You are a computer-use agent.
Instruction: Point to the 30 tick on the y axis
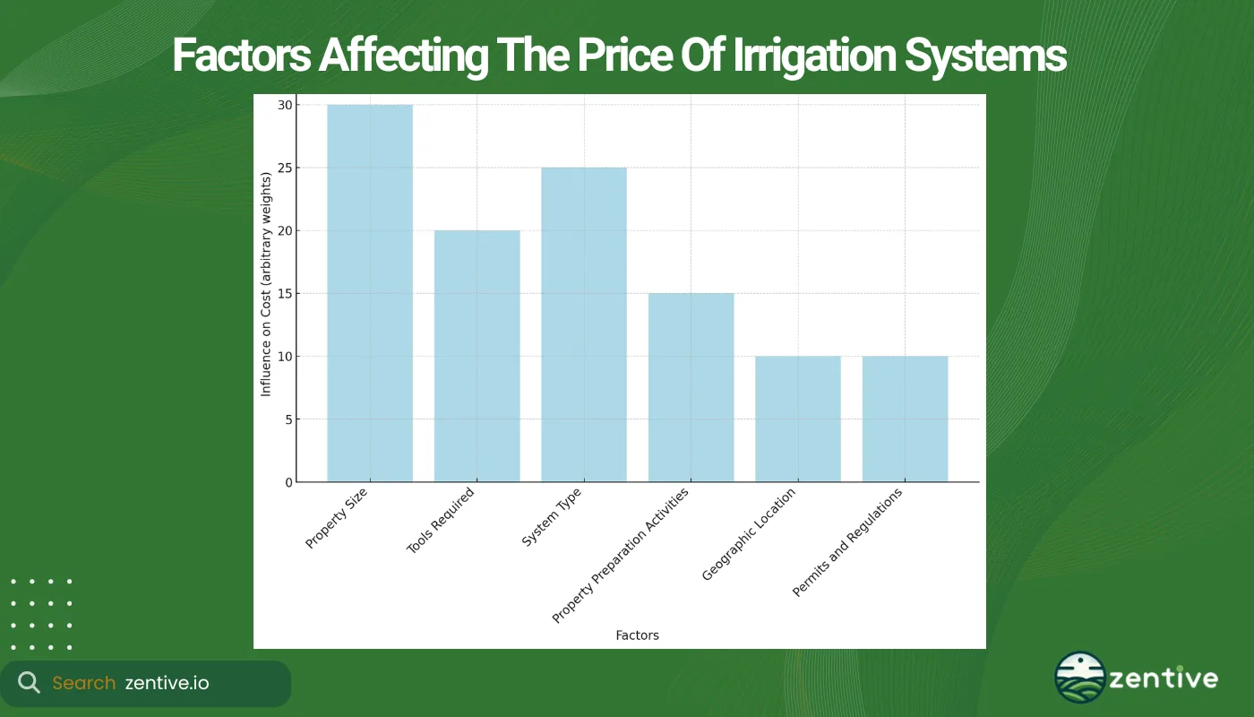coord(285,105)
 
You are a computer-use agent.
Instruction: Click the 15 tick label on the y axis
coord(285,294)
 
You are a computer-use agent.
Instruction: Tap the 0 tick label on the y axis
coord(288,482)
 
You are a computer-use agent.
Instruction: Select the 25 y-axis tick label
coord(285,168)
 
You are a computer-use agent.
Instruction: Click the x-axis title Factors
coord(637,635)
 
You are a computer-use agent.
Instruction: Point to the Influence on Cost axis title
coord(266,294)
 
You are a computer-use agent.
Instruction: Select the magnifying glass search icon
coord(29,683)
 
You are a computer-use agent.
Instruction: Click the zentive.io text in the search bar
coord(167,683)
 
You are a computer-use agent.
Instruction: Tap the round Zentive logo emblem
coord(1079,677)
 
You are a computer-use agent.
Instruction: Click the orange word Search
coord(83,683)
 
